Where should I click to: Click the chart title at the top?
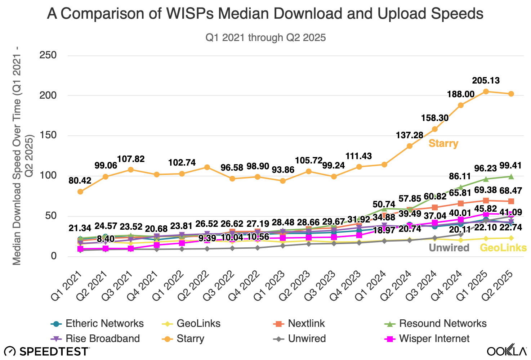265,14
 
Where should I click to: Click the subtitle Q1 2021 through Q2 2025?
265,37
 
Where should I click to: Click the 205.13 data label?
486,81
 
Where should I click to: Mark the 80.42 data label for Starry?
80,180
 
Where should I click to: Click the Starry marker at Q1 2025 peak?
486,91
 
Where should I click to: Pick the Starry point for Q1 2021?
80,192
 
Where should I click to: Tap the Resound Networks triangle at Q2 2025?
511,176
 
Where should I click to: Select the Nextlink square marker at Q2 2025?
511,201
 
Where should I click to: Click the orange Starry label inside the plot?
443,144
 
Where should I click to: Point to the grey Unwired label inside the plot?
449,248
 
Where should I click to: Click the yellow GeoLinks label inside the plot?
503,248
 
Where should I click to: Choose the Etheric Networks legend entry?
97,324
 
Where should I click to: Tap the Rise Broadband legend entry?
95,339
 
